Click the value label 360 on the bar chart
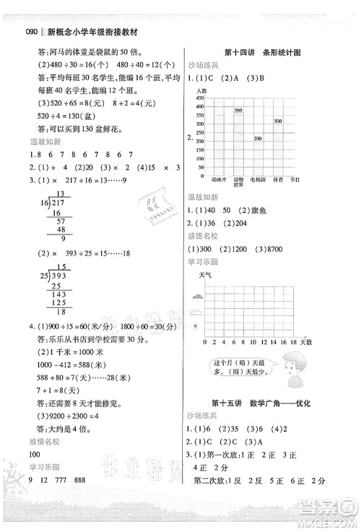click(x=238, y=110)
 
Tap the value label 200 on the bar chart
click(x=257, y=138)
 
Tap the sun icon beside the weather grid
click(x=196, y=325)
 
